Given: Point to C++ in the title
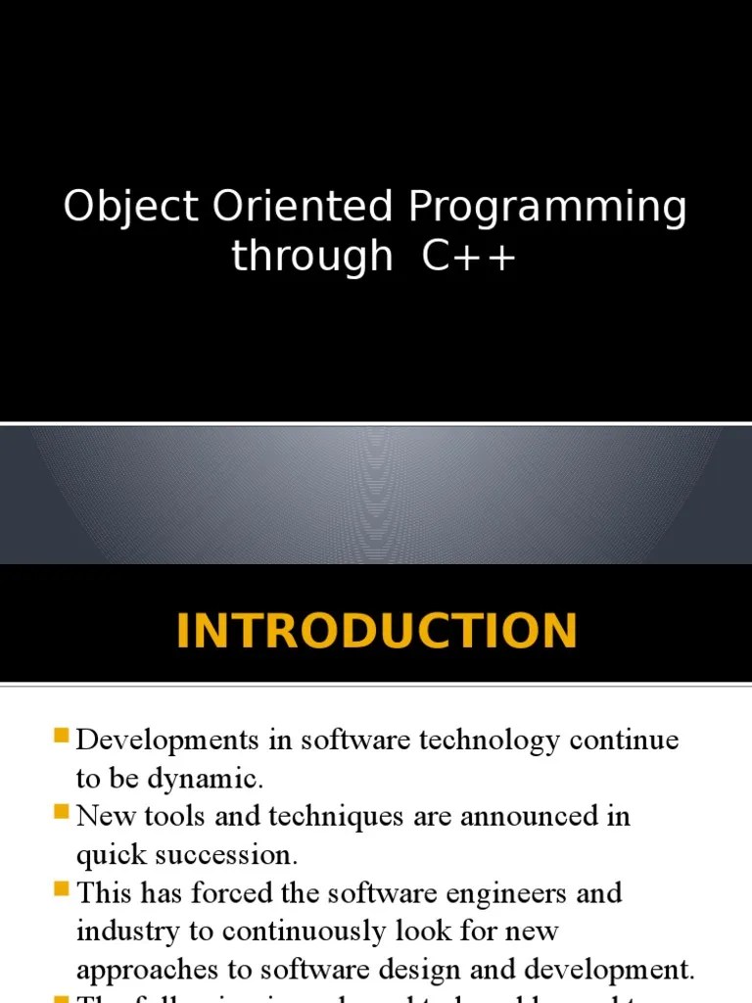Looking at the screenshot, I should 469,257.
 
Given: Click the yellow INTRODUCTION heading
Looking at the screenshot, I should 376,631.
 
